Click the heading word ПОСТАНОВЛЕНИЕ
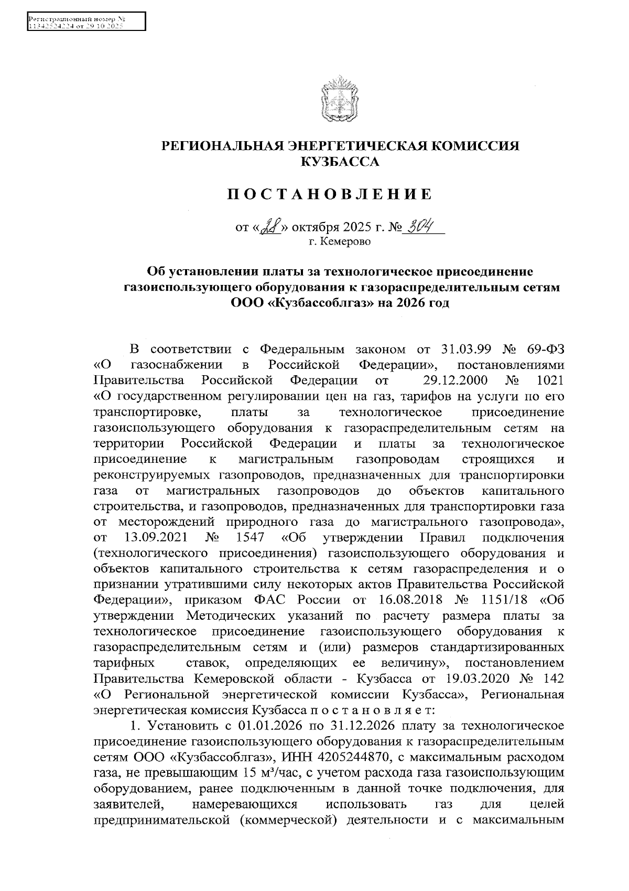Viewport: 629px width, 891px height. tap(330, 195)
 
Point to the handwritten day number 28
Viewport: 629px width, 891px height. tap(272, 227)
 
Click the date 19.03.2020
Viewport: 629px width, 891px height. tap(482, 678)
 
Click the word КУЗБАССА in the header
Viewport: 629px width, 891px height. tap(339, 162)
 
